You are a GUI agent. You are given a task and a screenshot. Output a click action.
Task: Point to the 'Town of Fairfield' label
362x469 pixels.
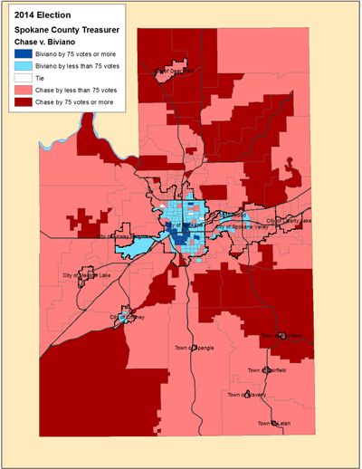tap(268, 370)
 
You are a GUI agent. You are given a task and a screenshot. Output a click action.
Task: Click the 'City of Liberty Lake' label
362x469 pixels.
tap(288, 220)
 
